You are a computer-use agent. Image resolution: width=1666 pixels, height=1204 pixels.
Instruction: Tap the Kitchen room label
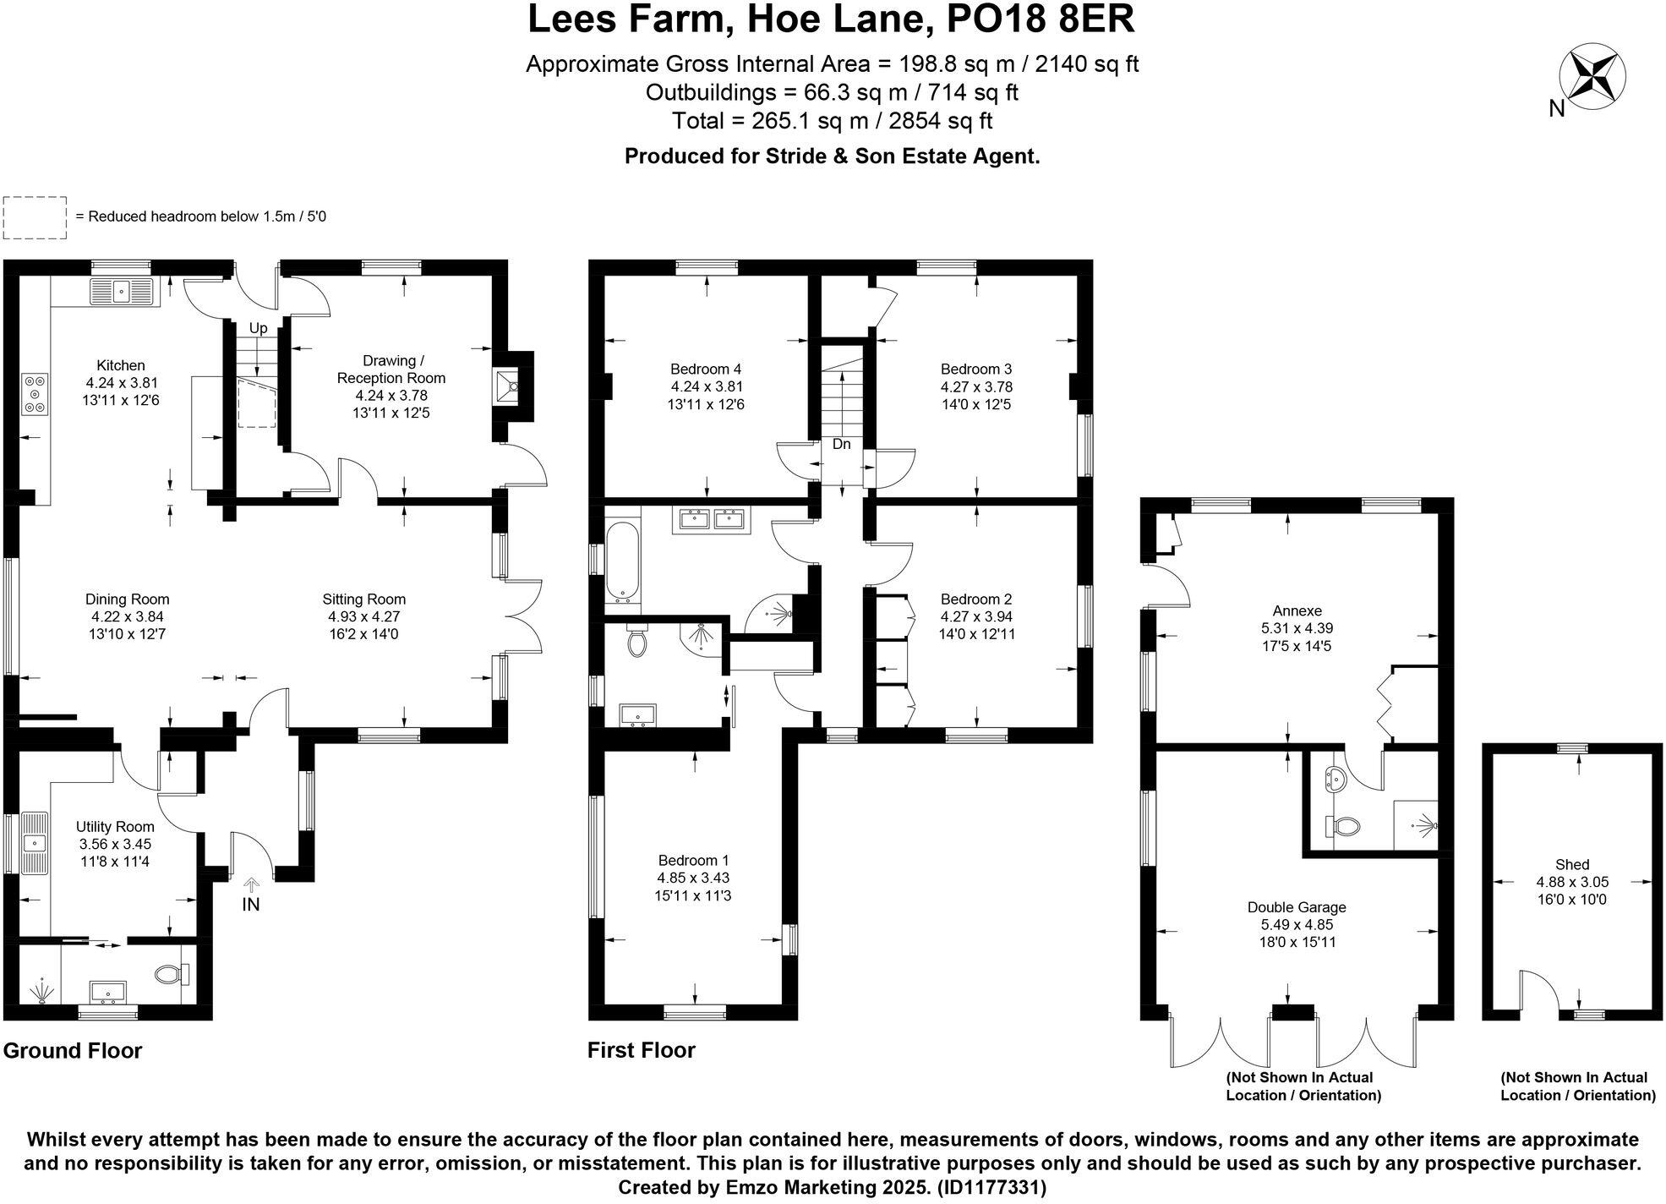click(121, 365)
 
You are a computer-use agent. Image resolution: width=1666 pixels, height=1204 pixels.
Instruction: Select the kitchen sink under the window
click(123, 292)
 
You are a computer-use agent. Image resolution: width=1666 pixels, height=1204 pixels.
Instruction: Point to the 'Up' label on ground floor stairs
click(258, 328)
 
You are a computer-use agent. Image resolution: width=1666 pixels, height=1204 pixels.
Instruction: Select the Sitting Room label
click(363, 599)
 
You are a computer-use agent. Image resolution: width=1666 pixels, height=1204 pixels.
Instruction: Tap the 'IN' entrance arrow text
click(251, 904)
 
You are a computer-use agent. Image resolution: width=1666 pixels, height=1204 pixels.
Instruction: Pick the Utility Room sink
click(35, 841)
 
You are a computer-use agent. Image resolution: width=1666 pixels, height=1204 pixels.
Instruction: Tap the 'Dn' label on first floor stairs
click(841, 444)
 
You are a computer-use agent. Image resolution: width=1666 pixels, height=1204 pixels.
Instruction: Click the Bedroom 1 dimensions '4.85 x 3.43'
click(693, 878)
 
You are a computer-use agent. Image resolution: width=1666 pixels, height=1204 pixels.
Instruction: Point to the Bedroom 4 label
click(705, 369)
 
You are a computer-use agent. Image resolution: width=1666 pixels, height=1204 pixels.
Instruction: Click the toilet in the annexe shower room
click(1344, 825)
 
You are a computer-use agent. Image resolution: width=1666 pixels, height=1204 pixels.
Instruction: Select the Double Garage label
click(1297, 907)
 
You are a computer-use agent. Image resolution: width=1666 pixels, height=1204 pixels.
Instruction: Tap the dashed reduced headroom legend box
click(35, 217)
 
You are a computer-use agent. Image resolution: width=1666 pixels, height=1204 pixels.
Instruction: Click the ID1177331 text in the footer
click(991, 1187)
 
